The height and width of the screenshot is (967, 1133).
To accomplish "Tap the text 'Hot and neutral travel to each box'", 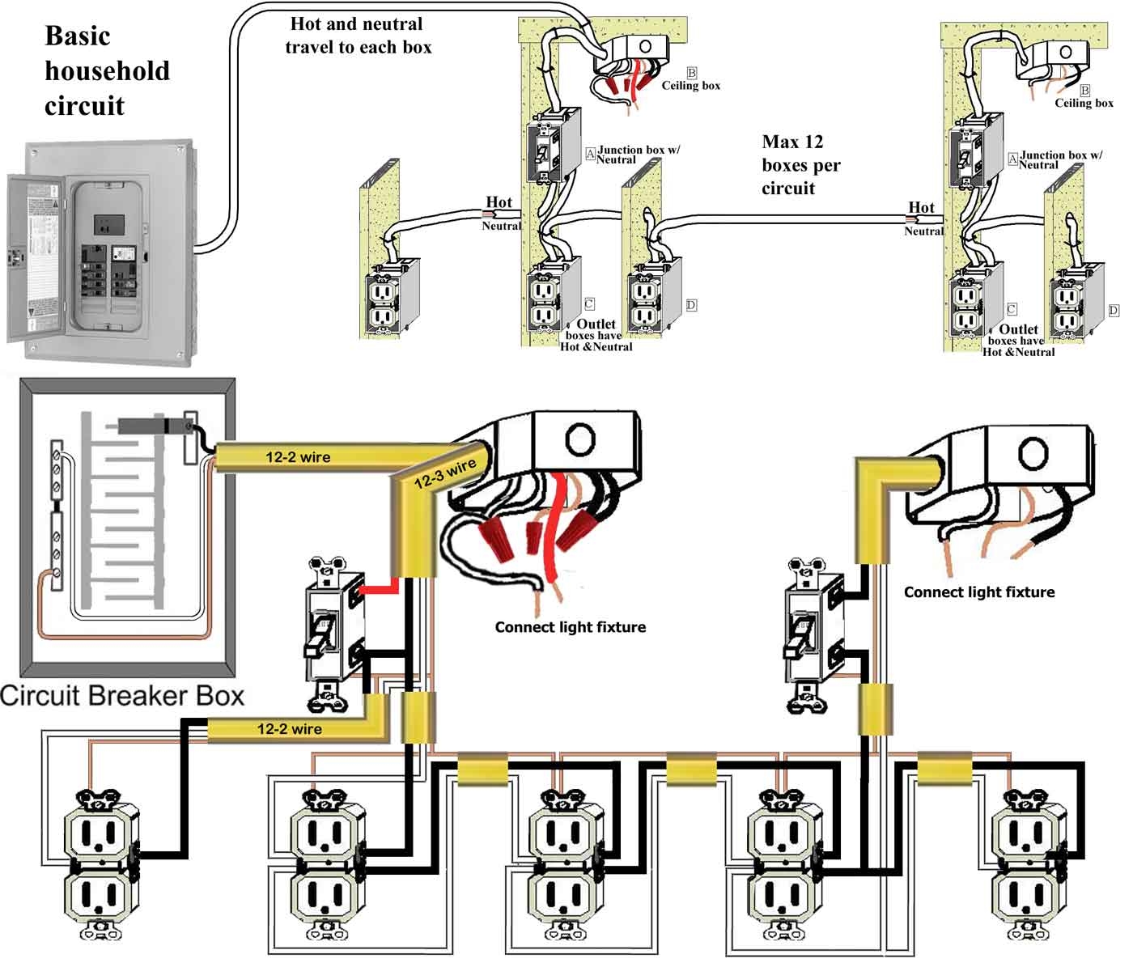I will click(x=358, y=36).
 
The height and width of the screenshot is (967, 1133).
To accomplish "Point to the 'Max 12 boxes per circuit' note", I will click(x=800, y=165).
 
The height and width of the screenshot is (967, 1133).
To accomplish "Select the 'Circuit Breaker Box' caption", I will click(x=122, y=696).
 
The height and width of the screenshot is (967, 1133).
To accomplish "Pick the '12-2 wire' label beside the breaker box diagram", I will click(x=298, y=457).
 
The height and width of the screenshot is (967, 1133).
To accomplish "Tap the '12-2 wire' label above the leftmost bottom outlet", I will click(x=289, y=729).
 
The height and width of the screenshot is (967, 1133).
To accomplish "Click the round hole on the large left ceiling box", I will click(x=579, y=440).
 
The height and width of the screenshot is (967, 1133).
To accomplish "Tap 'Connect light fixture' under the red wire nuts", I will click(x=570, y=627).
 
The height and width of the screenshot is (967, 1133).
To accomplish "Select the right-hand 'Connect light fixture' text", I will click(x=978, y=592).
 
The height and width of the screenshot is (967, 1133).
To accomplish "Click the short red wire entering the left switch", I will click(x=378, y=588).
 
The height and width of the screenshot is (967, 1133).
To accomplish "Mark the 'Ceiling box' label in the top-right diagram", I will click(x=1084, y=103).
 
